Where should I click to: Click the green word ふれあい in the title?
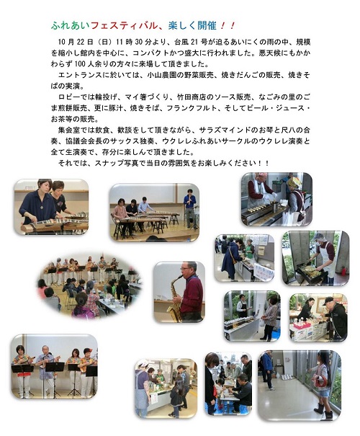[71, 25]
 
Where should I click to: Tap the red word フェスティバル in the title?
[124, 25]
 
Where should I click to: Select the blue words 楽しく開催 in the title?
[192, 25]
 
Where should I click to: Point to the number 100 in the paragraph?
[80, 64]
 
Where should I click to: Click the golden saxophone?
[175, 299]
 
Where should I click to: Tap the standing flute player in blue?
[190, 207]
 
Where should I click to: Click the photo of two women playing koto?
[51, 207]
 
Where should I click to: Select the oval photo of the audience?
[90, 286]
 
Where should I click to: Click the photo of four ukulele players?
[55, 366]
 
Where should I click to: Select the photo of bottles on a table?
[252, 316]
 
